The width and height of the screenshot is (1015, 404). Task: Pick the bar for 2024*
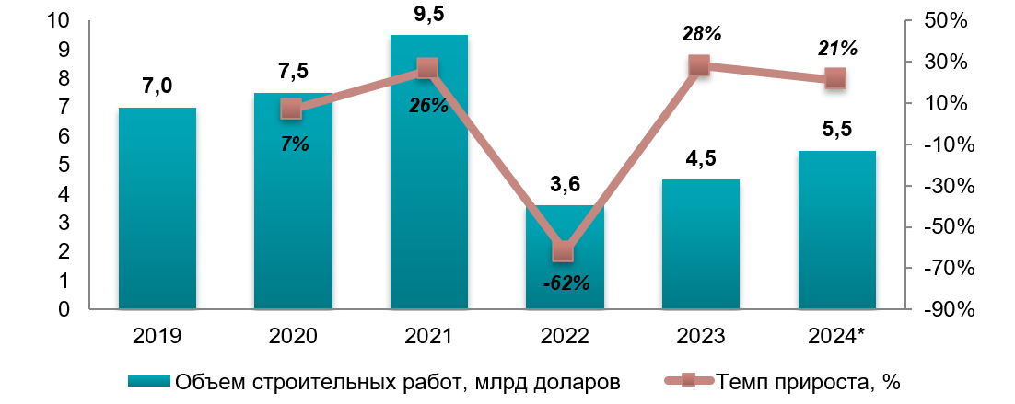836,230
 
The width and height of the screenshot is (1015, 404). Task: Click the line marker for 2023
700,65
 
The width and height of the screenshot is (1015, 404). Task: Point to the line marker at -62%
565,251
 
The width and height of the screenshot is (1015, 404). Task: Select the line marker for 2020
292,109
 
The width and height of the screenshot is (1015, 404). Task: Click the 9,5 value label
428,14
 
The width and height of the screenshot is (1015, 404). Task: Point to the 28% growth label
701,34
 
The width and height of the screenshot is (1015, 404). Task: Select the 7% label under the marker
295,144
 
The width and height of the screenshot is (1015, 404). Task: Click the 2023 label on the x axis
701,336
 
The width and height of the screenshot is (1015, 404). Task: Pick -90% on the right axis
943,310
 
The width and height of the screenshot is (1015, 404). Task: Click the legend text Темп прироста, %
807,381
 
